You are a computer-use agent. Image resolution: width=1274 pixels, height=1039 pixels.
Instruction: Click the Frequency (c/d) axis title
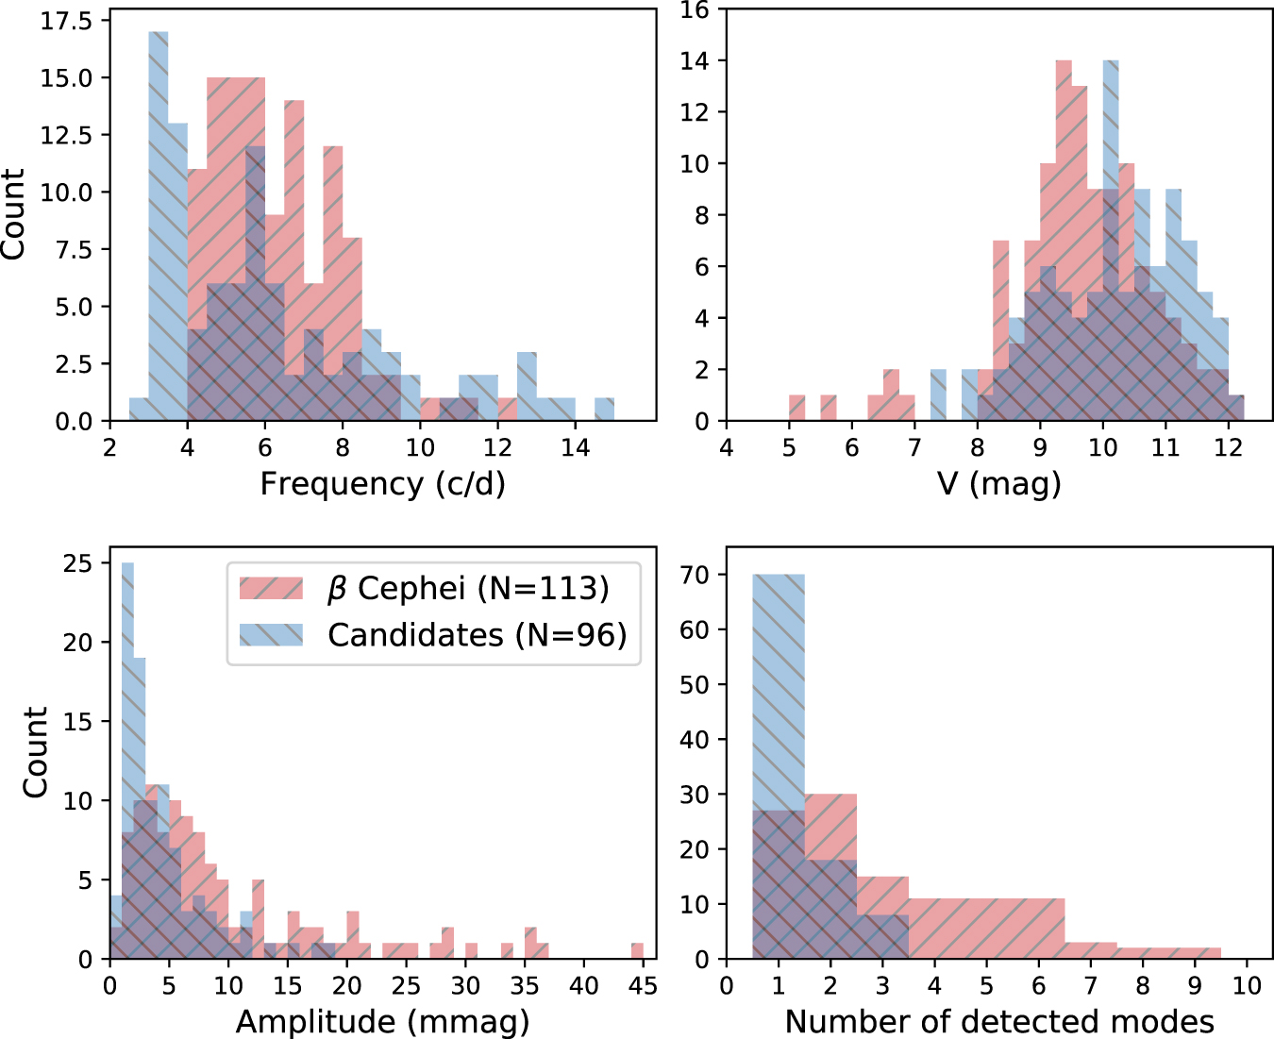pos(382,484)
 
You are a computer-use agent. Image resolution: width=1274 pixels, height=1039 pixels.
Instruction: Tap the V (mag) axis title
pos(998,484)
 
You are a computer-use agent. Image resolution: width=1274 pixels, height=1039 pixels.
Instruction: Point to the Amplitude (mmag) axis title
pos(382,1021)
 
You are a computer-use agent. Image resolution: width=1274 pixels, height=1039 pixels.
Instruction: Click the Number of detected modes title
pos(998,1021)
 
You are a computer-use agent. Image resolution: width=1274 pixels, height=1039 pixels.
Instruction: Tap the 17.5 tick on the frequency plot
pos(67,21)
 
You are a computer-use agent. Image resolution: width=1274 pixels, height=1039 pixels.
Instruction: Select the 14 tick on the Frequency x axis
pos(575,446)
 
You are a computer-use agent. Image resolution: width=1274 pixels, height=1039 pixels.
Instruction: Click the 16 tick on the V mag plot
pos(695,10)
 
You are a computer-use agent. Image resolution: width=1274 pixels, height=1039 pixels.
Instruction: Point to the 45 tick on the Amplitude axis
pos(643,985)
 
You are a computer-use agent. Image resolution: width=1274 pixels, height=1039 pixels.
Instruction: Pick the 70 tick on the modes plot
pos(695,575)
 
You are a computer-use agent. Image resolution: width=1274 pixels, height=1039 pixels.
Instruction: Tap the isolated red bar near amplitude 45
pos(637,951)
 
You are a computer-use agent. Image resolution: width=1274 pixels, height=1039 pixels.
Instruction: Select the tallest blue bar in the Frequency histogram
pos(159,226)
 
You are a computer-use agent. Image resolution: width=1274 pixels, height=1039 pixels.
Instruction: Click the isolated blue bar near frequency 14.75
pos(604,410)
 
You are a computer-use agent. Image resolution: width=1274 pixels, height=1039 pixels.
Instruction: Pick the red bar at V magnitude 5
pos(796,408)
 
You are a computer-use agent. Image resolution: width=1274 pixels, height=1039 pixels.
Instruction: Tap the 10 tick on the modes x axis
pos(1247,985)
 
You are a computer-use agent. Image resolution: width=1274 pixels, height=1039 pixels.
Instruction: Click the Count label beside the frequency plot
pos(13,214)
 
